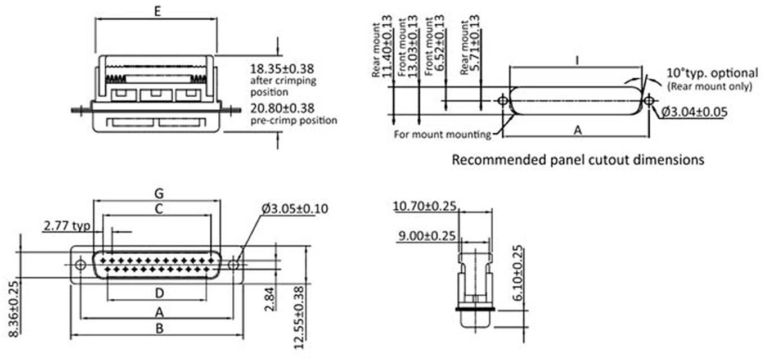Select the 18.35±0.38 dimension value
(282, 69)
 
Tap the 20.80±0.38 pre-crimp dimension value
(282, 108)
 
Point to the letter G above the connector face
(159, 193)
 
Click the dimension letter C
(159, 209)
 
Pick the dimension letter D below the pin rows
(159, 293)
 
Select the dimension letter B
(159, 328)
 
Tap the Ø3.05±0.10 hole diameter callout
(295, 209)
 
